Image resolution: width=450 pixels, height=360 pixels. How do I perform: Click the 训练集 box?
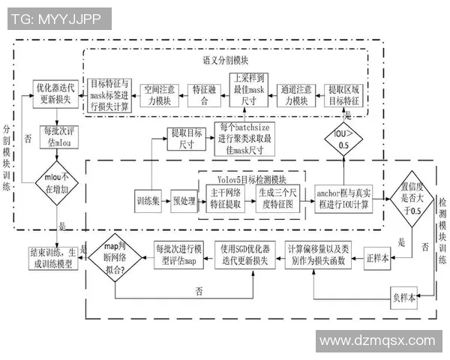click(x=147, y=201)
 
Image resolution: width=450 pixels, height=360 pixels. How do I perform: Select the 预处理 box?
click(x=182, y=201)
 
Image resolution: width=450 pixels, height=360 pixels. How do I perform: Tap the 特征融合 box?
click(x=204, y=94)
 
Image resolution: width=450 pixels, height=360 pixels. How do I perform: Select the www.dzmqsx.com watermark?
click(x=377, y=340)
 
